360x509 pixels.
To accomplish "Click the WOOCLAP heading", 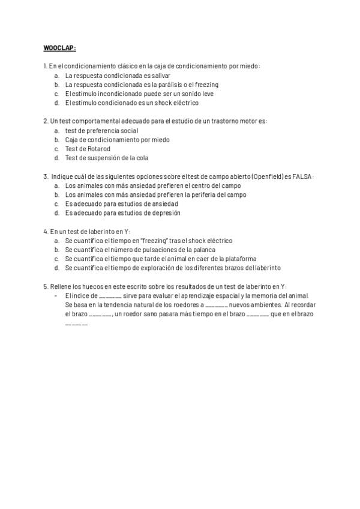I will [x=59, y=48].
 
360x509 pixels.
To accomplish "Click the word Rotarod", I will [x=100, y=149].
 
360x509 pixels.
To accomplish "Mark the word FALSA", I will [x=302, y=176].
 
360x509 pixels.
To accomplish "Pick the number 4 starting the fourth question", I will [x=46, y=231].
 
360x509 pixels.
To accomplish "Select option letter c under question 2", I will [x=56, y=149].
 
